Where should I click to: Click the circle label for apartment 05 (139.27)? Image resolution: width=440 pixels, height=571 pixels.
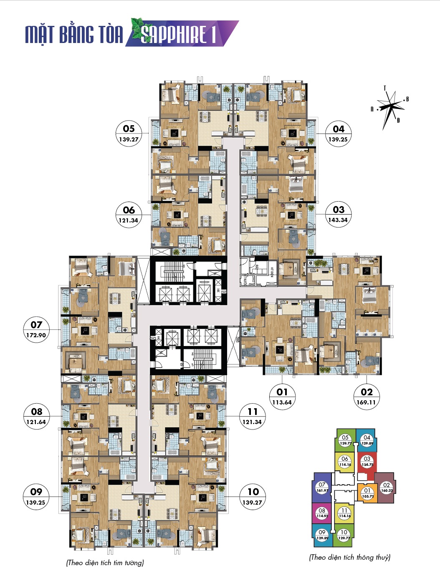(129, 134)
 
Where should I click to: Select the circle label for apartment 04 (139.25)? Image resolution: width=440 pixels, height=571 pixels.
(338, 134)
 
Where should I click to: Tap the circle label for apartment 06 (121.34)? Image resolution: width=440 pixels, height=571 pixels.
(129, 215)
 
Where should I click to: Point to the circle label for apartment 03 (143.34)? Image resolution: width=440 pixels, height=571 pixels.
(338, 215)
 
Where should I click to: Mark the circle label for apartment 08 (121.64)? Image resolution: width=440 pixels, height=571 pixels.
(36, 416)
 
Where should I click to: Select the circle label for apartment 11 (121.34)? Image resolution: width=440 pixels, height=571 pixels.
(252, 416)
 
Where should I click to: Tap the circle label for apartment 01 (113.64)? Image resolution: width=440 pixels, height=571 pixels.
(282, 397)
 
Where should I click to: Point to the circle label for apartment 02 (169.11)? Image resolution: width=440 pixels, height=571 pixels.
(367, 397)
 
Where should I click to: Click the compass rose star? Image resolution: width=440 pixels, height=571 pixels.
(391, 107)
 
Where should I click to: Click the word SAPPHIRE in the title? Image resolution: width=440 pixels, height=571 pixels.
(174, 34)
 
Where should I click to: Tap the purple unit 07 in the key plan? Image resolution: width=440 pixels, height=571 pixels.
(322, 488)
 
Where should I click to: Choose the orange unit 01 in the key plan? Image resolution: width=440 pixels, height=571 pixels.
(367, 493)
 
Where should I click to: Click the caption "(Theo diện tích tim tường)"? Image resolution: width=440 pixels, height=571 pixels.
(105, 563)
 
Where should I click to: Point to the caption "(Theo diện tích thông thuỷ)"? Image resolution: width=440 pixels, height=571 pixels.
(350, 557)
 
